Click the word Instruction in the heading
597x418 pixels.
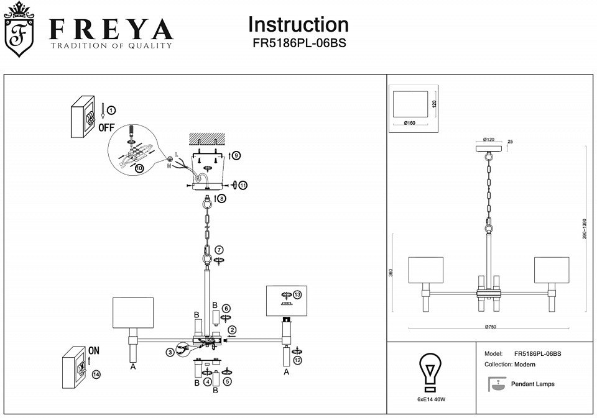pos(298,24)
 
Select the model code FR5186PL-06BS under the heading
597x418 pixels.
pos(298,44)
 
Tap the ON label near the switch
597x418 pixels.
pos(93,350)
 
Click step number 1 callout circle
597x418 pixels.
pos(111,111)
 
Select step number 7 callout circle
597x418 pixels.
pos(220,250)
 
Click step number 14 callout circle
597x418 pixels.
pos(95,375)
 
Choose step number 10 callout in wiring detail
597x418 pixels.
pos(138,168)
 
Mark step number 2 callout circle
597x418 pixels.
pos(231,330)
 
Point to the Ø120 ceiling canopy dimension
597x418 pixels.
pos(489,139)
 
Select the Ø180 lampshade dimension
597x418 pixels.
pos(409,123)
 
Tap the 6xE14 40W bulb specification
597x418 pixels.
pos(431,399)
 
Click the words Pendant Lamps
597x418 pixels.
pos(532,384)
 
